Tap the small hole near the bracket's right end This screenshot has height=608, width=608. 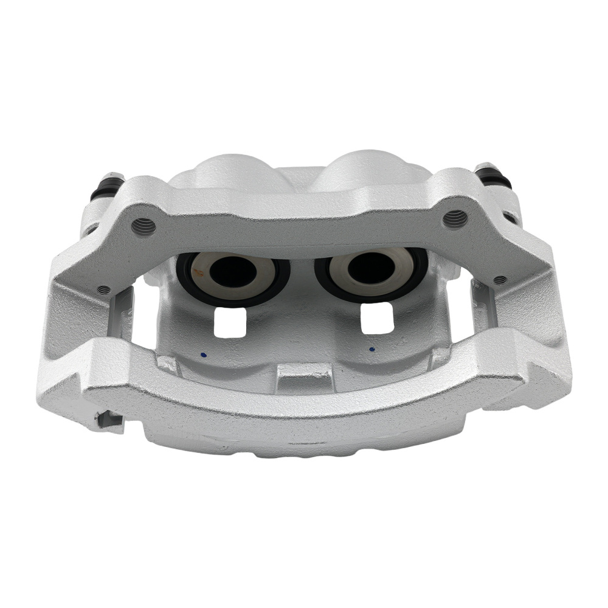(500, 280)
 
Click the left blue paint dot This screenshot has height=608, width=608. (203, 354)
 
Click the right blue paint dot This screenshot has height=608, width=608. (371, 350)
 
